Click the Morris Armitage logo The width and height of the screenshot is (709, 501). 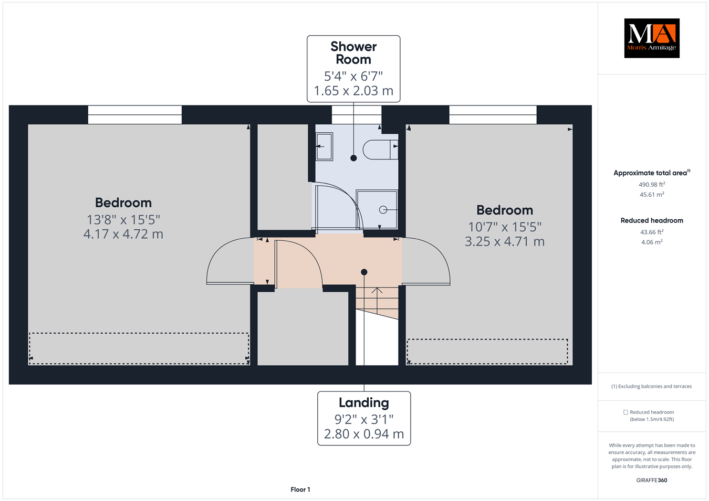tap(651, 38)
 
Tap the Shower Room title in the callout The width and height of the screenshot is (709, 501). tap(353, 53)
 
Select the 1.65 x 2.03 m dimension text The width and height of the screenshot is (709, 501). tap(353, 91)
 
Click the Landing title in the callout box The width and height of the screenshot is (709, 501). tap(364, 403)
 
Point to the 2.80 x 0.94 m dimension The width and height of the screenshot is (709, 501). tap(364, 434)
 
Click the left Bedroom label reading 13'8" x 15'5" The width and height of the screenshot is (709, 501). tap(123, 219)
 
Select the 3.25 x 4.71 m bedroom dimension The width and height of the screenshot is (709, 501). tap(505, 242)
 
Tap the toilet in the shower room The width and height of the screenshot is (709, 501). tap(379, 150)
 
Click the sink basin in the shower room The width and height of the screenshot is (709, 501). tap(324, 146)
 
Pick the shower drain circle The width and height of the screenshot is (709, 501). tap(383, 210)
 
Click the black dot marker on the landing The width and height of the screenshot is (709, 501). tap(364, 272)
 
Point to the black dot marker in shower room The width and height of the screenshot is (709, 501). tap(353, 158)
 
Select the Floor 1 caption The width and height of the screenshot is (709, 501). tap(300, 489)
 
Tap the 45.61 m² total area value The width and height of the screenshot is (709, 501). tap(652, 195)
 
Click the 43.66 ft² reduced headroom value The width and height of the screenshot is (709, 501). tap(652, 232)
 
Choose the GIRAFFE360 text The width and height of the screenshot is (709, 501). tap(652, 480)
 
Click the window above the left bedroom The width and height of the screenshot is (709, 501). tap(135, 115)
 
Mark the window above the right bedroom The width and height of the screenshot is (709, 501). tap(493, 115)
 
